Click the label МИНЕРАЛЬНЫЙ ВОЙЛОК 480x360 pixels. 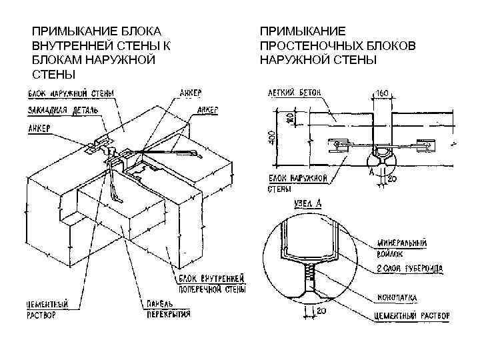(402, 247)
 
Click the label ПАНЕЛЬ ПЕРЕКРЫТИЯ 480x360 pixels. (165, 309)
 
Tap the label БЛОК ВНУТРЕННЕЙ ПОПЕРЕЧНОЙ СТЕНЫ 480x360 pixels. (213, 283)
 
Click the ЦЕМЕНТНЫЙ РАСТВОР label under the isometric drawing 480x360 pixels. (51, 309)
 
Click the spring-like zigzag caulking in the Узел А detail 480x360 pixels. (309, 273)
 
